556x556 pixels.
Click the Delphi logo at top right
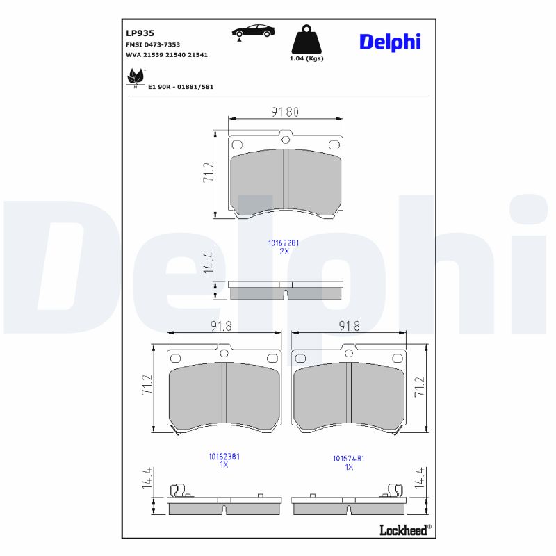click(390, 42)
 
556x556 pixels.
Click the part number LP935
click(140, 33)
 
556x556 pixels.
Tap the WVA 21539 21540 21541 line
click(167, 54)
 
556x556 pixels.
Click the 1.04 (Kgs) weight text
click(306, 59)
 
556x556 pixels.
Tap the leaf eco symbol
click(135, 76)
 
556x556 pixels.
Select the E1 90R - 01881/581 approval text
click(181, 87)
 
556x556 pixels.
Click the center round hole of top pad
click(285, 140)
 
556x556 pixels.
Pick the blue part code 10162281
click(284, 243)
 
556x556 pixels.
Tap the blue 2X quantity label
click(284, 251)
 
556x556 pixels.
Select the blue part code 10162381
click(224, 457)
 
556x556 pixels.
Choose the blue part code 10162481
click(349, 459)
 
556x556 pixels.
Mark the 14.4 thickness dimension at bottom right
click(418, 480)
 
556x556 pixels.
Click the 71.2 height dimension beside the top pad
click(208, 172)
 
